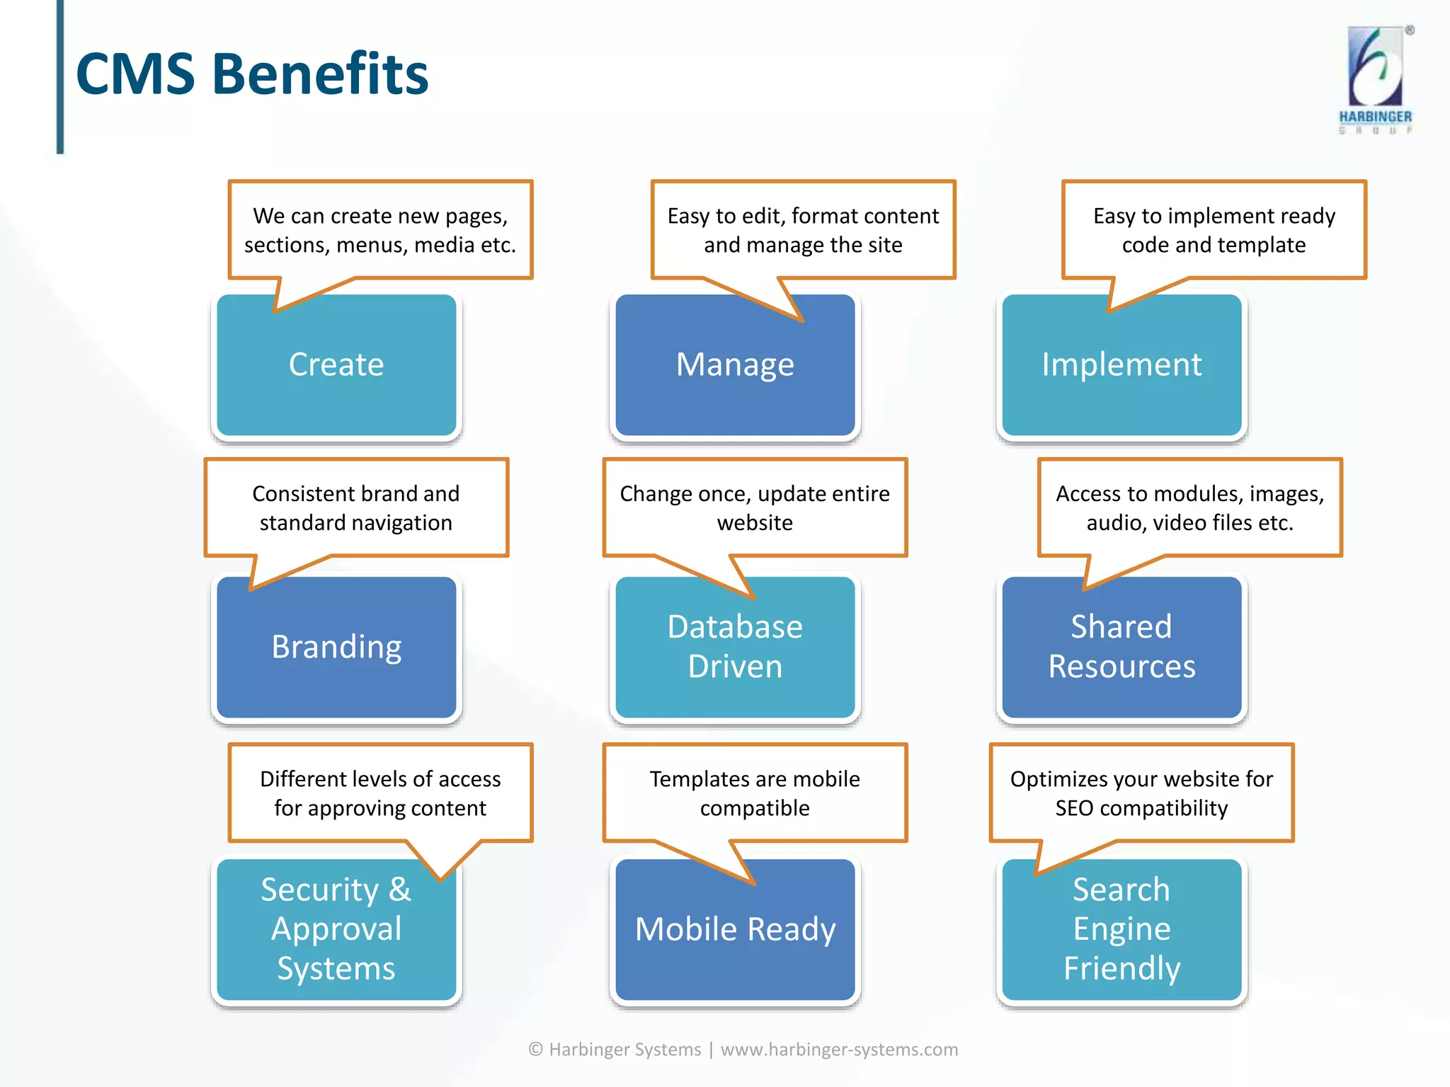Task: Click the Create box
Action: click(336, 365)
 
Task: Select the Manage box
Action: click(735, 365)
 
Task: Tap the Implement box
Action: click(1121, 365)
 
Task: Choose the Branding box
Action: click(336, 647)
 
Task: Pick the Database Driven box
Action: click(735, 647)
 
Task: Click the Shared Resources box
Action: click(1121, 647)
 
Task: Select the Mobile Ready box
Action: click(735, 929)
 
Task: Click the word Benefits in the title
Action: click(320, 74)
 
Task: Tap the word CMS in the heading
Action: click(135, 74)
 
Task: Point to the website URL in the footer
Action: click(839, 1049)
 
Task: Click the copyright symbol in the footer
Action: click(536, 1049)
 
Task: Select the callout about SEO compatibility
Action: click(1141, 793)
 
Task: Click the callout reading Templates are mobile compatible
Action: click(755, 793)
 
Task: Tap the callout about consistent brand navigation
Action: click(356, 508)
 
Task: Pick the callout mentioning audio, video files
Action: click(1189, 508)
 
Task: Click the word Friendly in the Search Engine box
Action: click(1121, 969)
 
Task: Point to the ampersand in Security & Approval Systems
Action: click(399, 890)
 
